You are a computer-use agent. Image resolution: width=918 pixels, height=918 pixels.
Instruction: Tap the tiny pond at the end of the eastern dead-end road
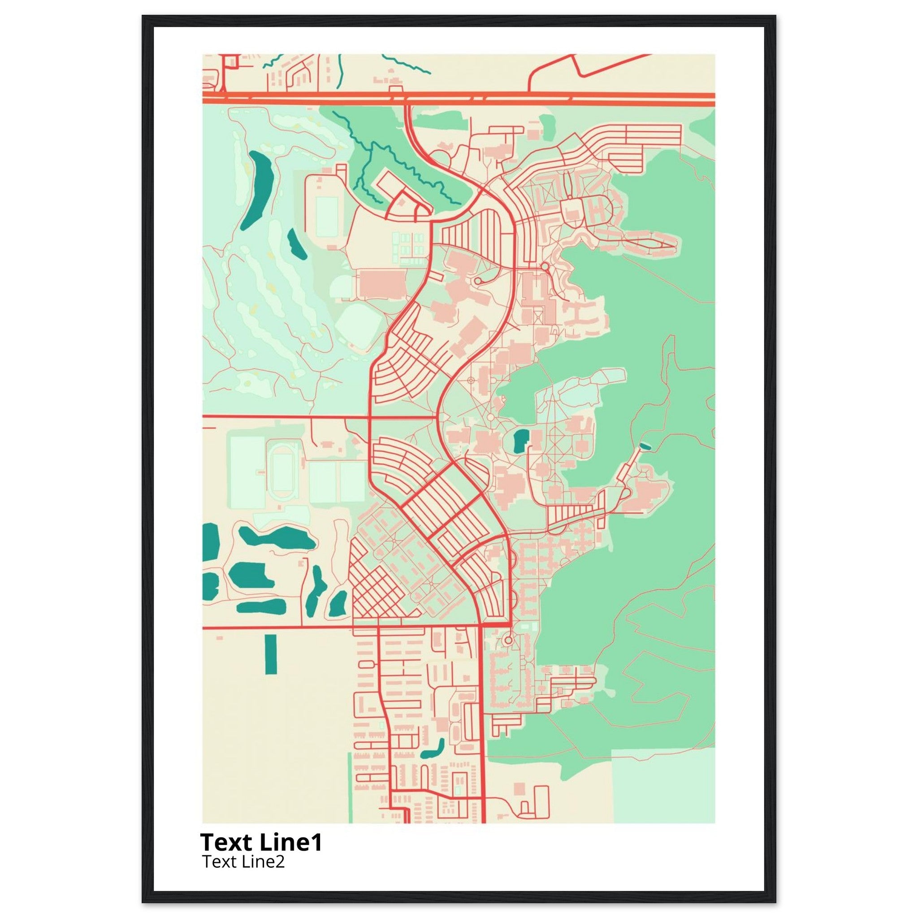tap(644, 446)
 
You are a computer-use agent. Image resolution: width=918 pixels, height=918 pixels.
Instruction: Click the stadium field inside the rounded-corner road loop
tap(327, 217)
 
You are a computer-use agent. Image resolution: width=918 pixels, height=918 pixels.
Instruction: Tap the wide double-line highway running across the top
tap(459, 98)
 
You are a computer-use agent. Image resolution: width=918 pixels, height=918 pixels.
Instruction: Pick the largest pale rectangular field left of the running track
tap(247, 472)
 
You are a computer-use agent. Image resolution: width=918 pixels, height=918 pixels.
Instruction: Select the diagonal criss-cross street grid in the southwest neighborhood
tap(375, 592)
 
